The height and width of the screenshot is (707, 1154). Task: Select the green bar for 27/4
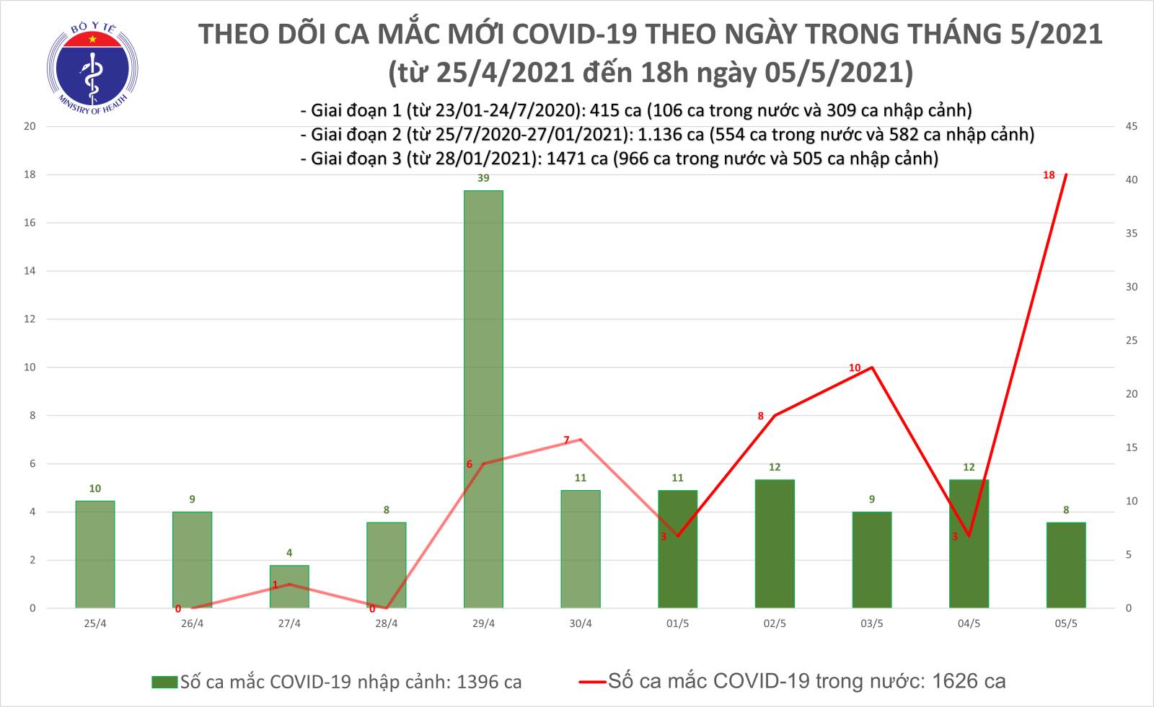point(289,586)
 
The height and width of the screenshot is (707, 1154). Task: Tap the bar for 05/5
point(1065,565)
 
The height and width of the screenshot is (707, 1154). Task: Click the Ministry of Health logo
point(92,68)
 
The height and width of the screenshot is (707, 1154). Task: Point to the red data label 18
point(1049,175)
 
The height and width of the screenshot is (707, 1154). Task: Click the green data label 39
point(483,178)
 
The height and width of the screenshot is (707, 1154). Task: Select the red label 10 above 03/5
point(855,368)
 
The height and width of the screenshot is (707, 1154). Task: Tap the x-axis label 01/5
point(677,624)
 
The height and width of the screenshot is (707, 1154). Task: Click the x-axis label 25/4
point(95,624)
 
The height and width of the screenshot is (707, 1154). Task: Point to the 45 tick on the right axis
point(1131,126)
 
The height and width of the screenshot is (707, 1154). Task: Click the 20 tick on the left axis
point(30,126)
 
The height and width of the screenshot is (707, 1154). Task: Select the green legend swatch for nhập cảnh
point(164,682)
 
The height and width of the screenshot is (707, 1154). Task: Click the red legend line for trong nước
point(591,681)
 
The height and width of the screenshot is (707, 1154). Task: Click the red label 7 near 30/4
point(566,440)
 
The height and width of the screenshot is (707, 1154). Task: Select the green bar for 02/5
point(775,543)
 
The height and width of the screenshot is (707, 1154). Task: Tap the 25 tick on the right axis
point(1131,340)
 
